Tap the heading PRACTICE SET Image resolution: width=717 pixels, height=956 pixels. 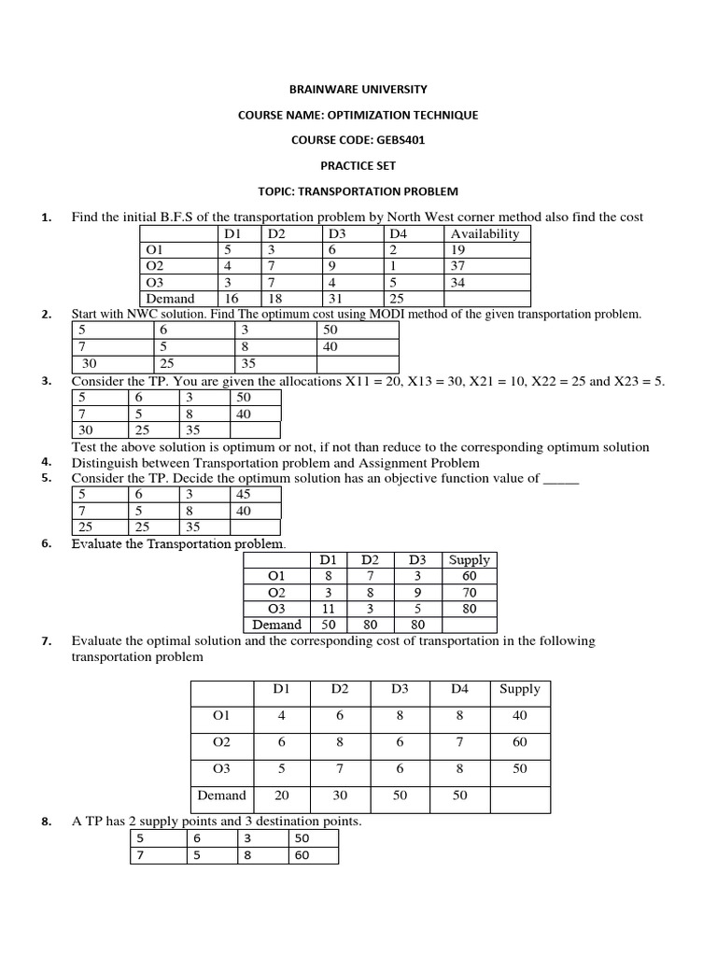358,165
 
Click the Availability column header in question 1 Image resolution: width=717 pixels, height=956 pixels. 485,233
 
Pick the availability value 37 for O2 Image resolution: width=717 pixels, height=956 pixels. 458,266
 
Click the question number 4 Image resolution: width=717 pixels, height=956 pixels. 46,462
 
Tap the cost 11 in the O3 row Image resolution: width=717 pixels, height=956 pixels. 329,609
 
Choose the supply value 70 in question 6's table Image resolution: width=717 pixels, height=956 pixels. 469,593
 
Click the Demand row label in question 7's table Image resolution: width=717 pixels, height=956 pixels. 222,795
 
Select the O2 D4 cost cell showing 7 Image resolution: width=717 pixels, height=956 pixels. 459,742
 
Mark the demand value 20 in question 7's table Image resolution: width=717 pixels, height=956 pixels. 281,795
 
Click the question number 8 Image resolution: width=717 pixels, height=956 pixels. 46,822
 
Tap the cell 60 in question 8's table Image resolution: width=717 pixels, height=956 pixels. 302,854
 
